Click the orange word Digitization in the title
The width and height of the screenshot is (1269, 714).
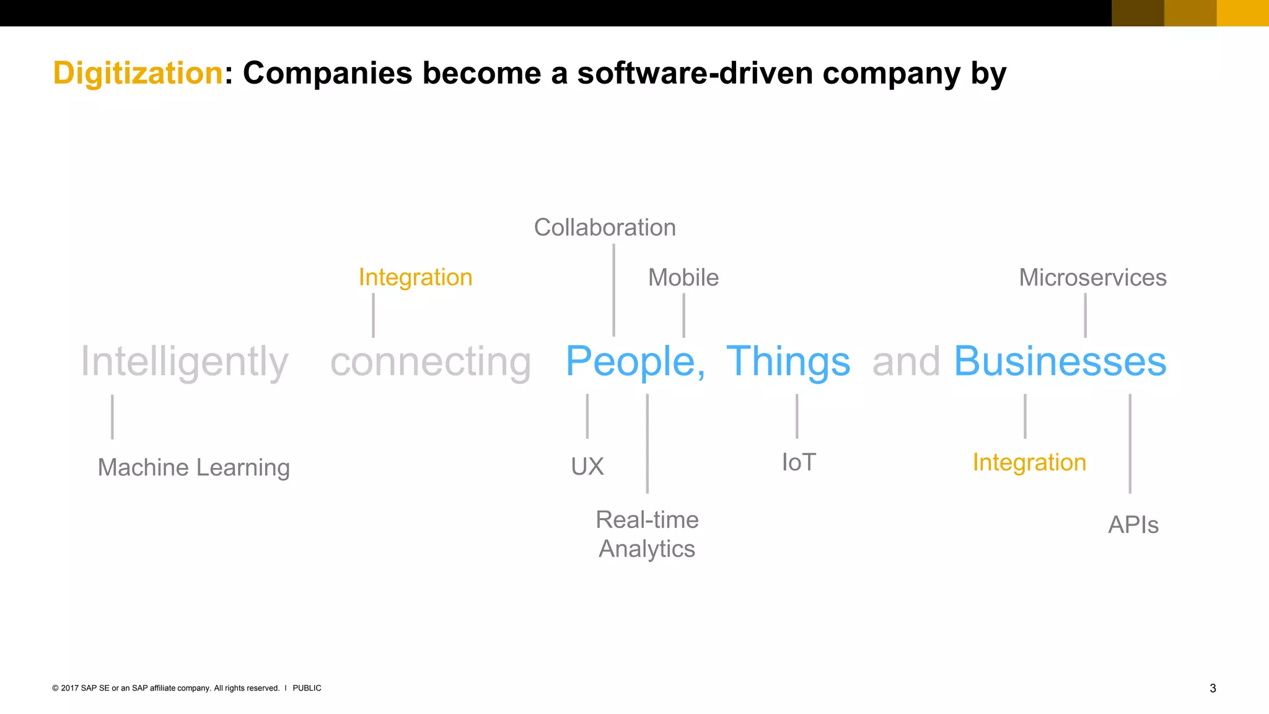click(138, 73)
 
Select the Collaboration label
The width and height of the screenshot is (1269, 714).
click(605, 227)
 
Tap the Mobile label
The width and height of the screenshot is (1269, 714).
click(683, 278)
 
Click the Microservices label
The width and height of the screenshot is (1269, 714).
click(1092, 278)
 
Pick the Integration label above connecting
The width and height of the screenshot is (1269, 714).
click(415, 277)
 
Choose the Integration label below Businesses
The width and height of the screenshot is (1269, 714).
click(1029, 462)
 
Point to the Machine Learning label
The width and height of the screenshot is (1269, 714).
click(193, 467)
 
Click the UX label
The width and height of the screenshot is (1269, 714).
click(587, 466)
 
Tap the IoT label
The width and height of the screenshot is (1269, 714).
click(799, 462)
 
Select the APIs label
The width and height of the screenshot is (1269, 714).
click(1133, 525)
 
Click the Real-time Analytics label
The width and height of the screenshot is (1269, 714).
click(647, 534)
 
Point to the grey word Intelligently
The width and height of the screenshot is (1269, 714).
click(185, 361)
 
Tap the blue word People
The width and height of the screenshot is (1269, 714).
click(631, 361)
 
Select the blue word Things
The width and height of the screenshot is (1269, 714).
click(788, 361)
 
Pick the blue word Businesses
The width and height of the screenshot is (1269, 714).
click(1060, 361)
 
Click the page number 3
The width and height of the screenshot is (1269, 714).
click(1213, 688)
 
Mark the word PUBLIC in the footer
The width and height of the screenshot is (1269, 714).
click(307, 688)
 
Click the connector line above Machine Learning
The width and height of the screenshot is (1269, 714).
click(112, 416)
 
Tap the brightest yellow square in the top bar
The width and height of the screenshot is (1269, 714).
click(1242, 13)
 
